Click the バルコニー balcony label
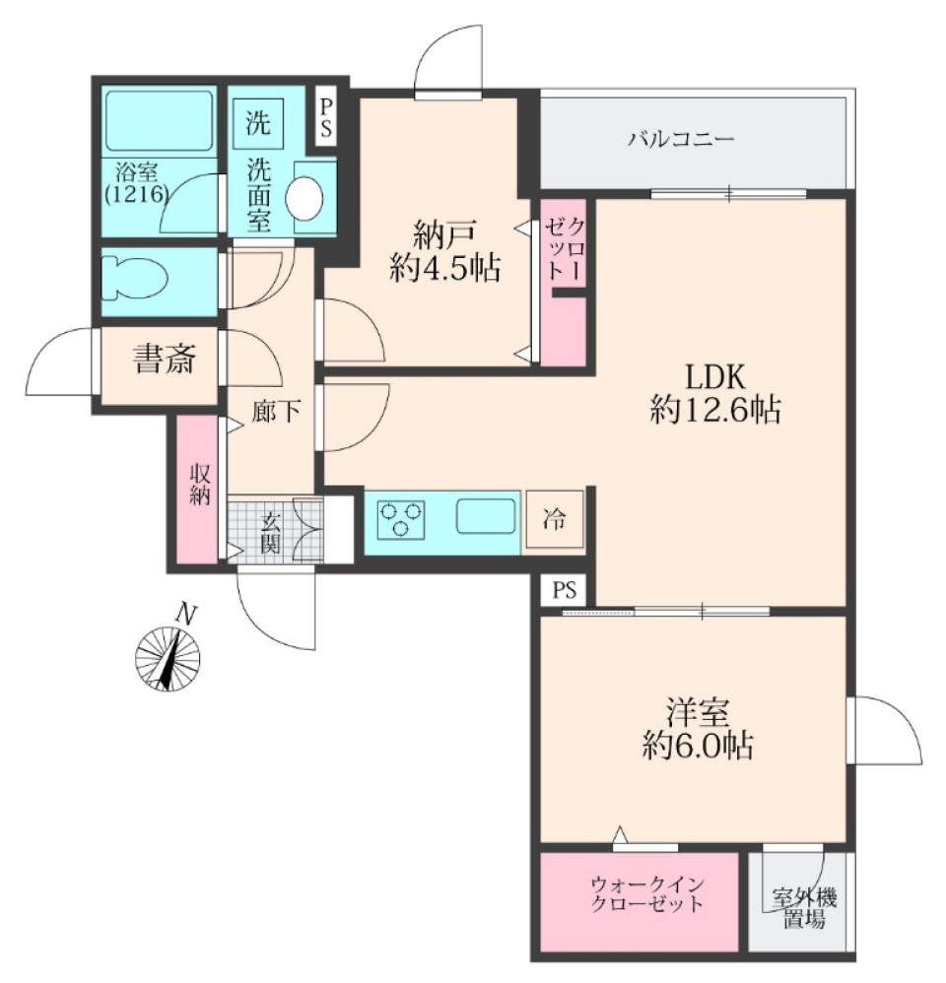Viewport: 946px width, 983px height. pyautogui.click(x=681, y=138)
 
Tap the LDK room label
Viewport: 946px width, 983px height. pyautogui.click(x=714, y=375)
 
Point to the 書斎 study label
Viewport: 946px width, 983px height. pyautogui.click(x=165, y=360)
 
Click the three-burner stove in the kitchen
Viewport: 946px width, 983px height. pyautogui.click(x=402, y=518)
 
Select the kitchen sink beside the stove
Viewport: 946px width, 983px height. pyautogui.click(x=486, y=516)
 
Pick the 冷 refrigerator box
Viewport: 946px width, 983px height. pyautogui.click(x=556, y=519)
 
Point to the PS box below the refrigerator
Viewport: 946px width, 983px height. pyautogui.click(x=564, y=591)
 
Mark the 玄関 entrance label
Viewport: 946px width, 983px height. pyautogui.click(x=271, y=532)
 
